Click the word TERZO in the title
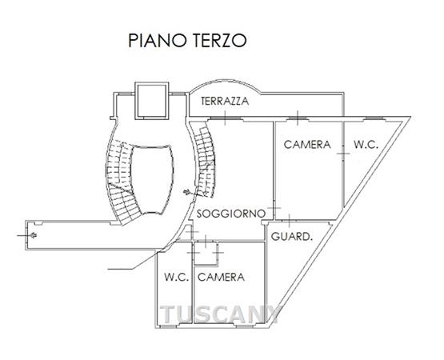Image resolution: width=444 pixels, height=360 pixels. click(x=220, y=41)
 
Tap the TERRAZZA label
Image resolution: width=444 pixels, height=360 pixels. click(x=225, y=101)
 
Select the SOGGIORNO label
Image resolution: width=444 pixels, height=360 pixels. click(x=231, y=214)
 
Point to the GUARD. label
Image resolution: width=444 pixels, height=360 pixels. click(x=292, y=236)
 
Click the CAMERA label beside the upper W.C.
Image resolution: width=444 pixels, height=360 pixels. click(x=307, y=145)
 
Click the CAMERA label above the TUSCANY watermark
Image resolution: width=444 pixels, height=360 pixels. click(x=221, y=277)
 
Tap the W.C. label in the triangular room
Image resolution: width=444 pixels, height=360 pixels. click(x=366, y=145)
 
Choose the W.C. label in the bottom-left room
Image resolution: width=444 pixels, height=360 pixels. click(x=177, y=277)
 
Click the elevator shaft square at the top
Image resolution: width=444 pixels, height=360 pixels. click(x=152, y=101)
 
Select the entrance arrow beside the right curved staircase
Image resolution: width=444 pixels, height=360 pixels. click(x=187, y=192)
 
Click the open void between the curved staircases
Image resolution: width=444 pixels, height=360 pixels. click(x=152, y=179)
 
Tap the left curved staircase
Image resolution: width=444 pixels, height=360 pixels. click(x=121, y=182)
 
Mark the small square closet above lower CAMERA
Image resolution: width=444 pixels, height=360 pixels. click(x=206, y=253)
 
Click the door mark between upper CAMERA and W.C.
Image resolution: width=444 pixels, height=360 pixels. click(x=343, y=154)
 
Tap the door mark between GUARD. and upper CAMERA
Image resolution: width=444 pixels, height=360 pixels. click(x=289, y=220)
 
